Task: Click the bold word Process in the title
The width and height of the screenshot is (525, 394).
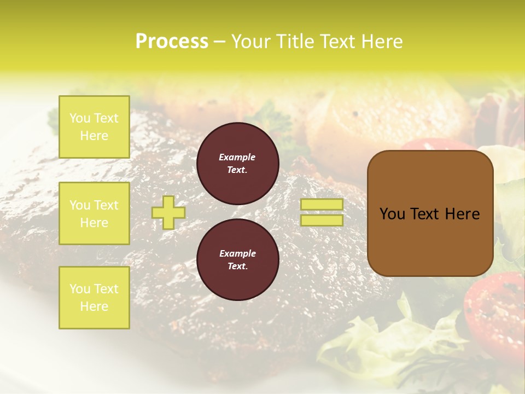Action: [x=172, y=42]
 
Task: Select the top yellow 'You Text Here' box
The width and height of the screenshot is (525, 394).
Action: [x=94, y=127]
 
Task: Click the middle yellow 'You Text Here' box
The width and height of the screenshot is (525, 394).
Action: [x=94, y=213]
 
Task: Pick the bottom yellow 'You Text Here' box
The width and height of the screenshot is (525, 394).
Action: [x=94, y=298]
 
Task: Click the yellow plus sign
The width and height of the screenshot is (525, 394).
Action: [x=168, y=212]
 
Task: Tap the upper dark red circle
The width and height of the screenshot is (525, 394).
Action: [x=237, y=164]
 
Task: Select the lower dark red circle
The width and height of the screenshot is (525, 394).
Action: [x=237, y=260]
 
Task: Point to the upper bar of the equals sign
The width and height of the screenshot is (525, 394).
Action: [x=322, y=204]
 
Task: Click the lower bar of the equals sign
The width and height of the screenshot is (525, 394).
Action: [x=322, y=220]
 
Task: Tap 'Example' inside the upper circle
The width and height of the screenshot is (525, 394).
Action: [x=237, y=158]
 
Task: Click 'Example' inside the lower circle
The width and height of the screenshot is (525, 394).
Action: [x=237, y=254]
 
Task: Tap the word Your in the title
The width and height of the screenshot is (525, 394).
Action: [x=250, y=42]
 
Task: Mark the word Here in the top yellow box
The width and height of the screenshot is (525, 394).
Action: [x=94, y=136]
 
